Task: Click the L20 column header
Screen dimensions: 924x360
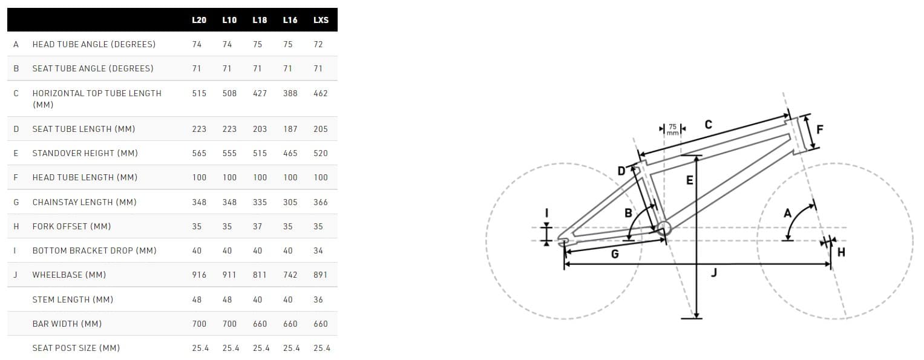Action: pos(199,20)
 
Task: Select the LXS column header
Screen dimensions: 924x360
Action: pos(321,20)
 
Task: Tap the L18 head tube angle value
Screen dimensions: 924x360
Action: pos(257,44)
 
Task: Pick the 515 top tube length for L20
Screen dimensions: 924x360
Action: pos(199,93)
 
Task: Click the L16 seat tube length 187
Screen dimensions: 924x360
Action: pos(290,129)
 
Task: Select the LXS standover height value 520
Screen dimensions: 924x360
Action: pos(321,154)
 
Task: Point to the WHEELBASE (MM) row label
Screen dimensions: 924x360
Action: pos(70,275)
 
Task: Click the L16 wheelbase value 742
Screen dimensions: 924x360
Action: pos(290,275)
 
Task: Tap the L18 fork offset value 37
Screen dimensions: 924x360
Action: pos(257,226)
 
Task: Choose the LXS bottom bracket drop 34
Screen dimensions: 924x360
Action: pos(318,250)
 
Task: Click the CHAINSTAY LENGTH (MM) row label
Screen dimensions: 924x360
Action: pos(85,202)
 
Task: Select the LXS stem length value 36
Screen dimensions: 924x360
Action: pos(318,299)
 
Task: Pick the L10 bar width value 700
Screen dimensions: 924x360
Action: pos(229,324)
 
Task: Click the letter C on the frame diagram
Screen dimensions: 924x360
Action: pos(708,124)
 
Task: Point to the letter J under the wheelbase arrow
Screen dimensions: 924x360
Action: pos(714,272)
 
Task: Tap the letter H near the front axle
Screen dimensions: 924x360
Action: pos(841,252)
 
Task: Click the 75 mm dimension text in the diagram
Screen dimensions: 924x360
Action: pos(672,129)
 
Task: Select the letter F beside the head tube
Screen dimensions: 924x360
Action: pos(820,129)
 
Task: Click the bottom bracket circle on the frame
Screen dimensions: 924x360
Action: pos(663,228)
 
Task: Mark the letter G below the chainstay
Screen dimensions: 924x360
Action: pos(615,254)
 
